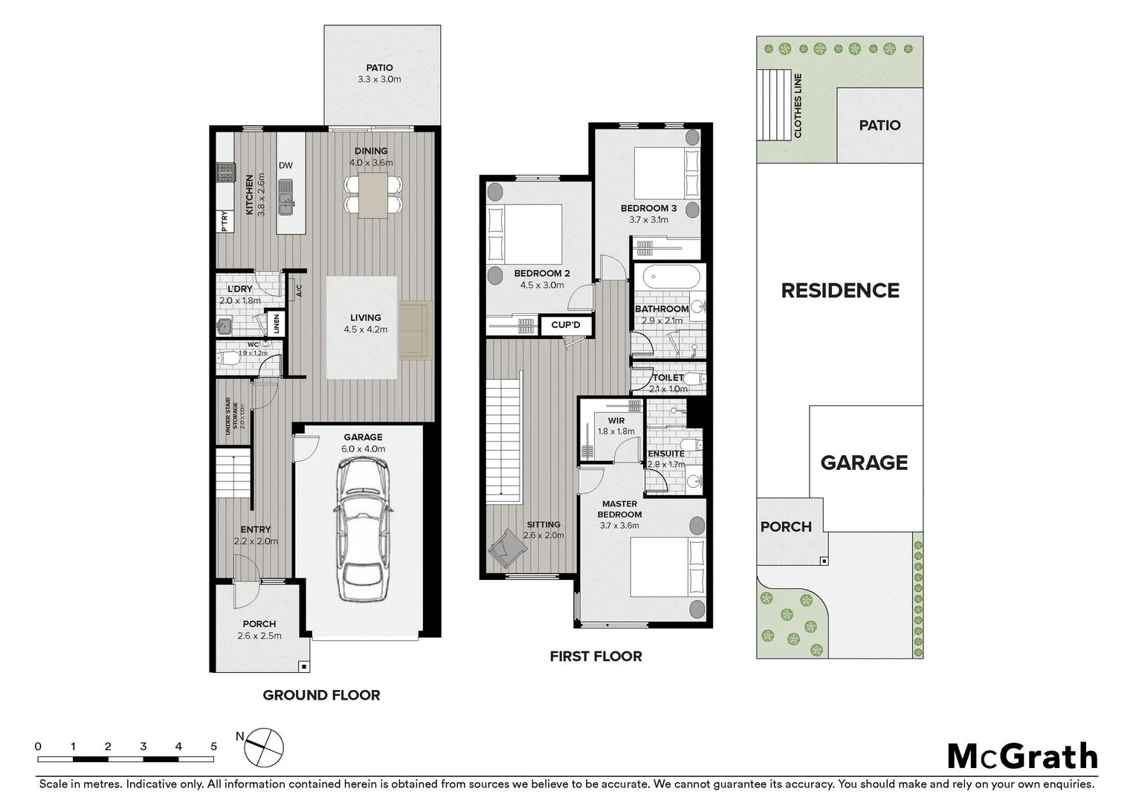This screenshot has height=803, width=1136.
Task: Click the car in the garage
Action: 362,529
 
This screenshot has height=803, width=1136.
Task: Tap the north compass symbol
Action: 265,746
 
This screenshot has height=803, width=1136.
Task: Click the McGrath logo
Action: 1022,757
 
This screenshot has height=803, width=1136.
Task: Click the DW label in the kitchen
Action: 285,166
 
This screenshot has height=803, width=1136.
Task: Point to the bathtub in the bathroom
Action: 671,279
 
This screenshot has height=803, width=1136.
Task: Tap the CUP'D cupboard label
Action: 566,325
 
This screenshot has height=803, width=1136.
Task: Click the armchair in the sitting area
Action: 507,549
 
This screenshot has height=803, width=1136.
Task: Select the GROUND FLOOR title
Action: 321,695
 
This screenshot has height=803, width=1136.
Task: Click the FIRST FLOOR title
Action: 596,657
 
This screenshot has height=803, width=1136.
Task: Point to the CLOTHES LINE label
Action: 798,105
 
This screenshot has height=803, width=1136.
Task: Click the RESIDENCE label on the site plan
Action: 840,291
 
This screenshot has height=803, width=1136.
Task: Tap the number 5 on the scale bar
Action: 213,746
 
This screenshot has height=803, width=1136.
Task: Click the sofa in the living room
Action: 415,329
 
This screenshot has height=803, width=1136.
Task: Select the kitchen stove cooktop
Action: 225,173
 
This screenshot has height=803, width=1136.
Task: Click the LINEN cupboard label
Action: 277,323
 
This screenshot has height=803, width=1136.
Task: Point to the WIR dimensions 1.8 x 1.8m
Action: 616,431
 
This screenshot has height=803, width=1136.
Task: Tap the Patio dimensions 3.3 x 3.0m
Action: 379,80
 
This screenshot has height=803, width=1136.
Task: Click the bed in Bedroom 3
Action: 667,172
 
